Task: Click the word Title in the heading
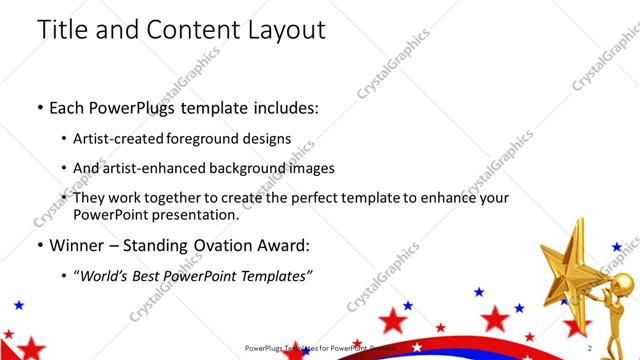tap(63, 30)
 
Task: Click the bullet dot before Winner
tap(39, 246)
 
